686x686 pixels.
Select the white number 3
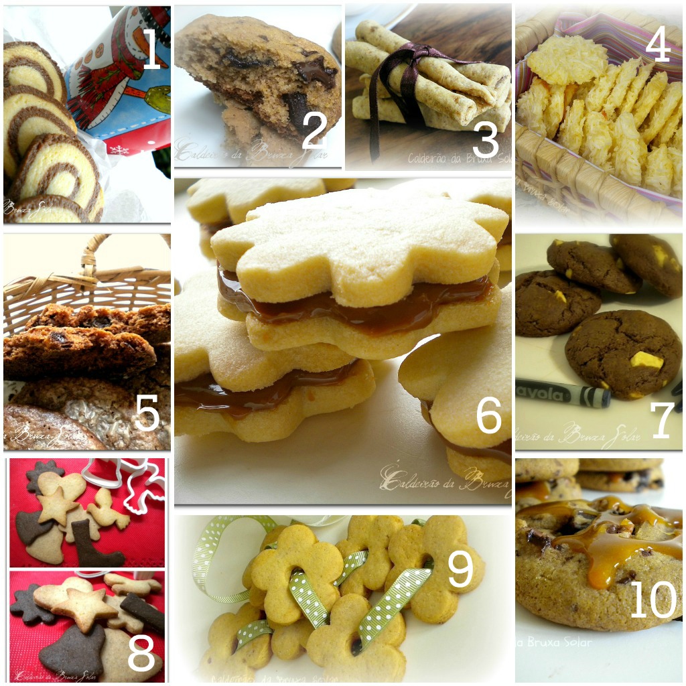pos(486,139)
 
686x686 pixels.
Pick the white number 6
pos(488,413)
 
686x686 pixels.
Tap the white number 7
pos(663,419)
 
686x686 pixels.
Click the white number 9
pos(460,569)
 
